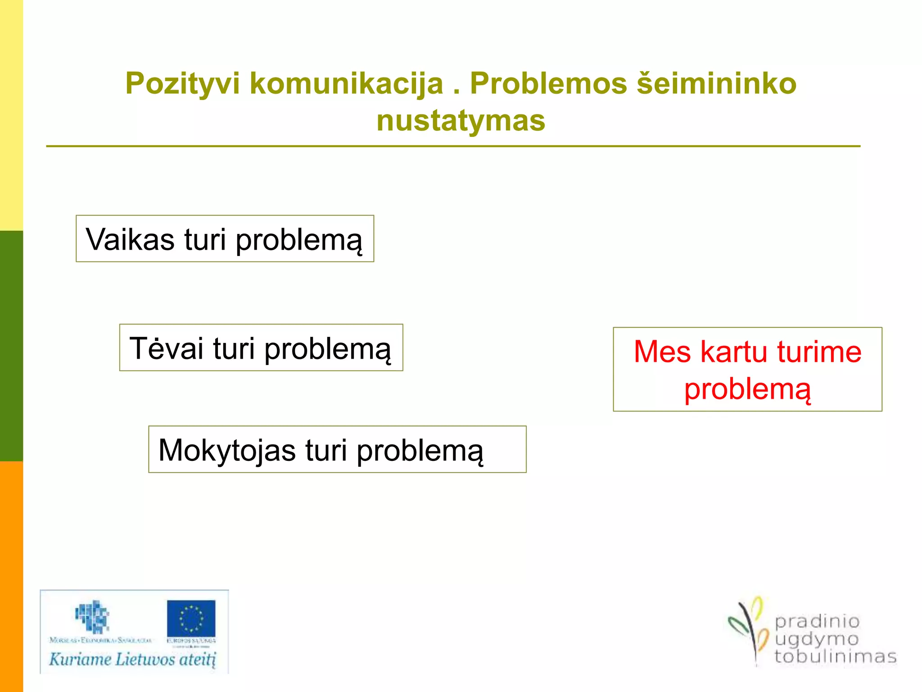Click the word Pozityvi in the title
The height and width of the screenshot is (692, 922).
(182, 84)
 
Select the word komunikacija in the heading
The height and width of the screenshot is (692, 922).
(346, 84)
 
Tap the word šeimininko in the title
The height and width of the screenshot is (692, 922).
(716, 84)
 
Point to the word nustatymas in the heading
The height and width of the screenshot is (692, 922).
(461, 121)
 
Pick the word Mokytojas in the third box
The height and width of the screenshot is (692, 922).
(227, 450)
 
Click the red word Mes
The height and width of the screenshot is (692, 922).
(662, 351)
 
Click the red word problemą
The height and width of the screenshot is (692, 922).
(747, 389)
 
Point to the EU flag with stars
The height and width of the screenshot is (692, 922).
(191, 618)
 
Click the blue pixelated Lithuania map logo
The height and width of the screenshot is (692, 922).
(92, 616)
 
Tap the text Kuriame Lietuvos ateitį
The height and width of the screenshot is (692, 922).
(132, 660)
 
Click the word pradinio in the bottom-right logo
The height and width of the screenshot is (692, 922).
(817, 622)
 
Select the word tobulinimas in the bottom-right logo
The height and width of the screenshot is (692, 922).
(835, 656)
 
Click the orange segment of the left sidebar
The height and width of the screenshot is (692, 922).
(11, 577)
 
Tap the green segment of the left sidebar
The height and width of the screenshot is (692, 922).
(11, 346)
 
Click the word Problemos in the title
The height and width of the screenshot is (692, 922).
(548, 84)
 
